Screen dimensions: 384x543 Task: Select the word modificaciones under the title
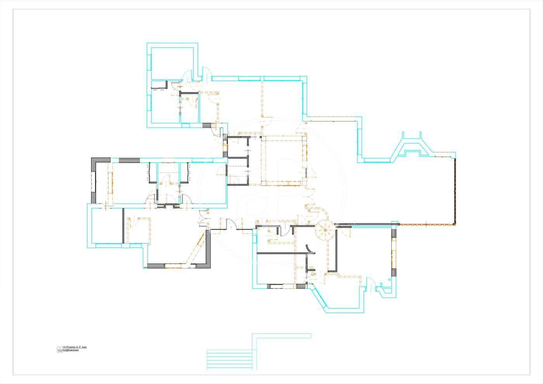point(71,350)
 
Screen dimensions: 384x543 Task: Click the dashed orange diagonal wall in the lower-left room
point(196,248)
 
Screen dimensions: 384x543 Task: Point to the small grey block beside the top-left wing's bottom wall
point(207,125)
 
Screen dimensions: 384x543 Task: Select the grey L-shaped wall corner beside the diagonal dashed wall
point(208,256)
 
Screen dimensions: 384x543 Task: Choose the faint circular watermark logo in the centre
point(271,190)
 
